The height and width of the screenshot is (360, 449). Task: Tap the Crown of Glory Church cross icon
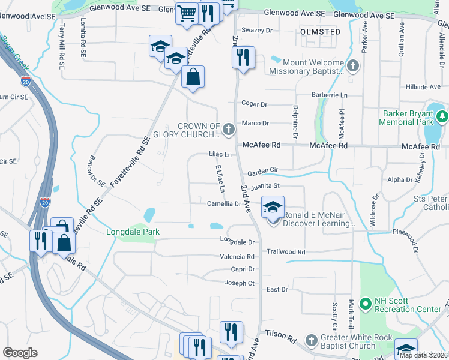(228, 128)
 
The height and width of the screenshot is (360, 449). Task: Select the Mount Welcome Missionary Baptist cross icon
(353, 66)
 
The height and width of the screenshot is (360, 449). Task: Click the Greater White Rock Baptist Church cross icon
(311, 341)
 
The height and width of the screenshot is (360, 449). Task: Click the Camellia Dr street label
(224, 204)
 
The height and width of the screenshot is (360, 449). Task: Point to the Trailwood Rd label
(286, 252)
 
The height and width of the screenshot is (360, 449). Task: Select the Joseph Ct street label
(240, 283)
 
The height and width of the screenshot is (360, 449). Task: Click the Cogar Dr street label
(254, 104)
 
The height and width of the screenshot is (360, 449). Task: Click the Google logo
(20, 353)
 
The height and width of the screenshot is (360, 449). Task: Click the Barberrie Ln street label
(329, 95)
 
